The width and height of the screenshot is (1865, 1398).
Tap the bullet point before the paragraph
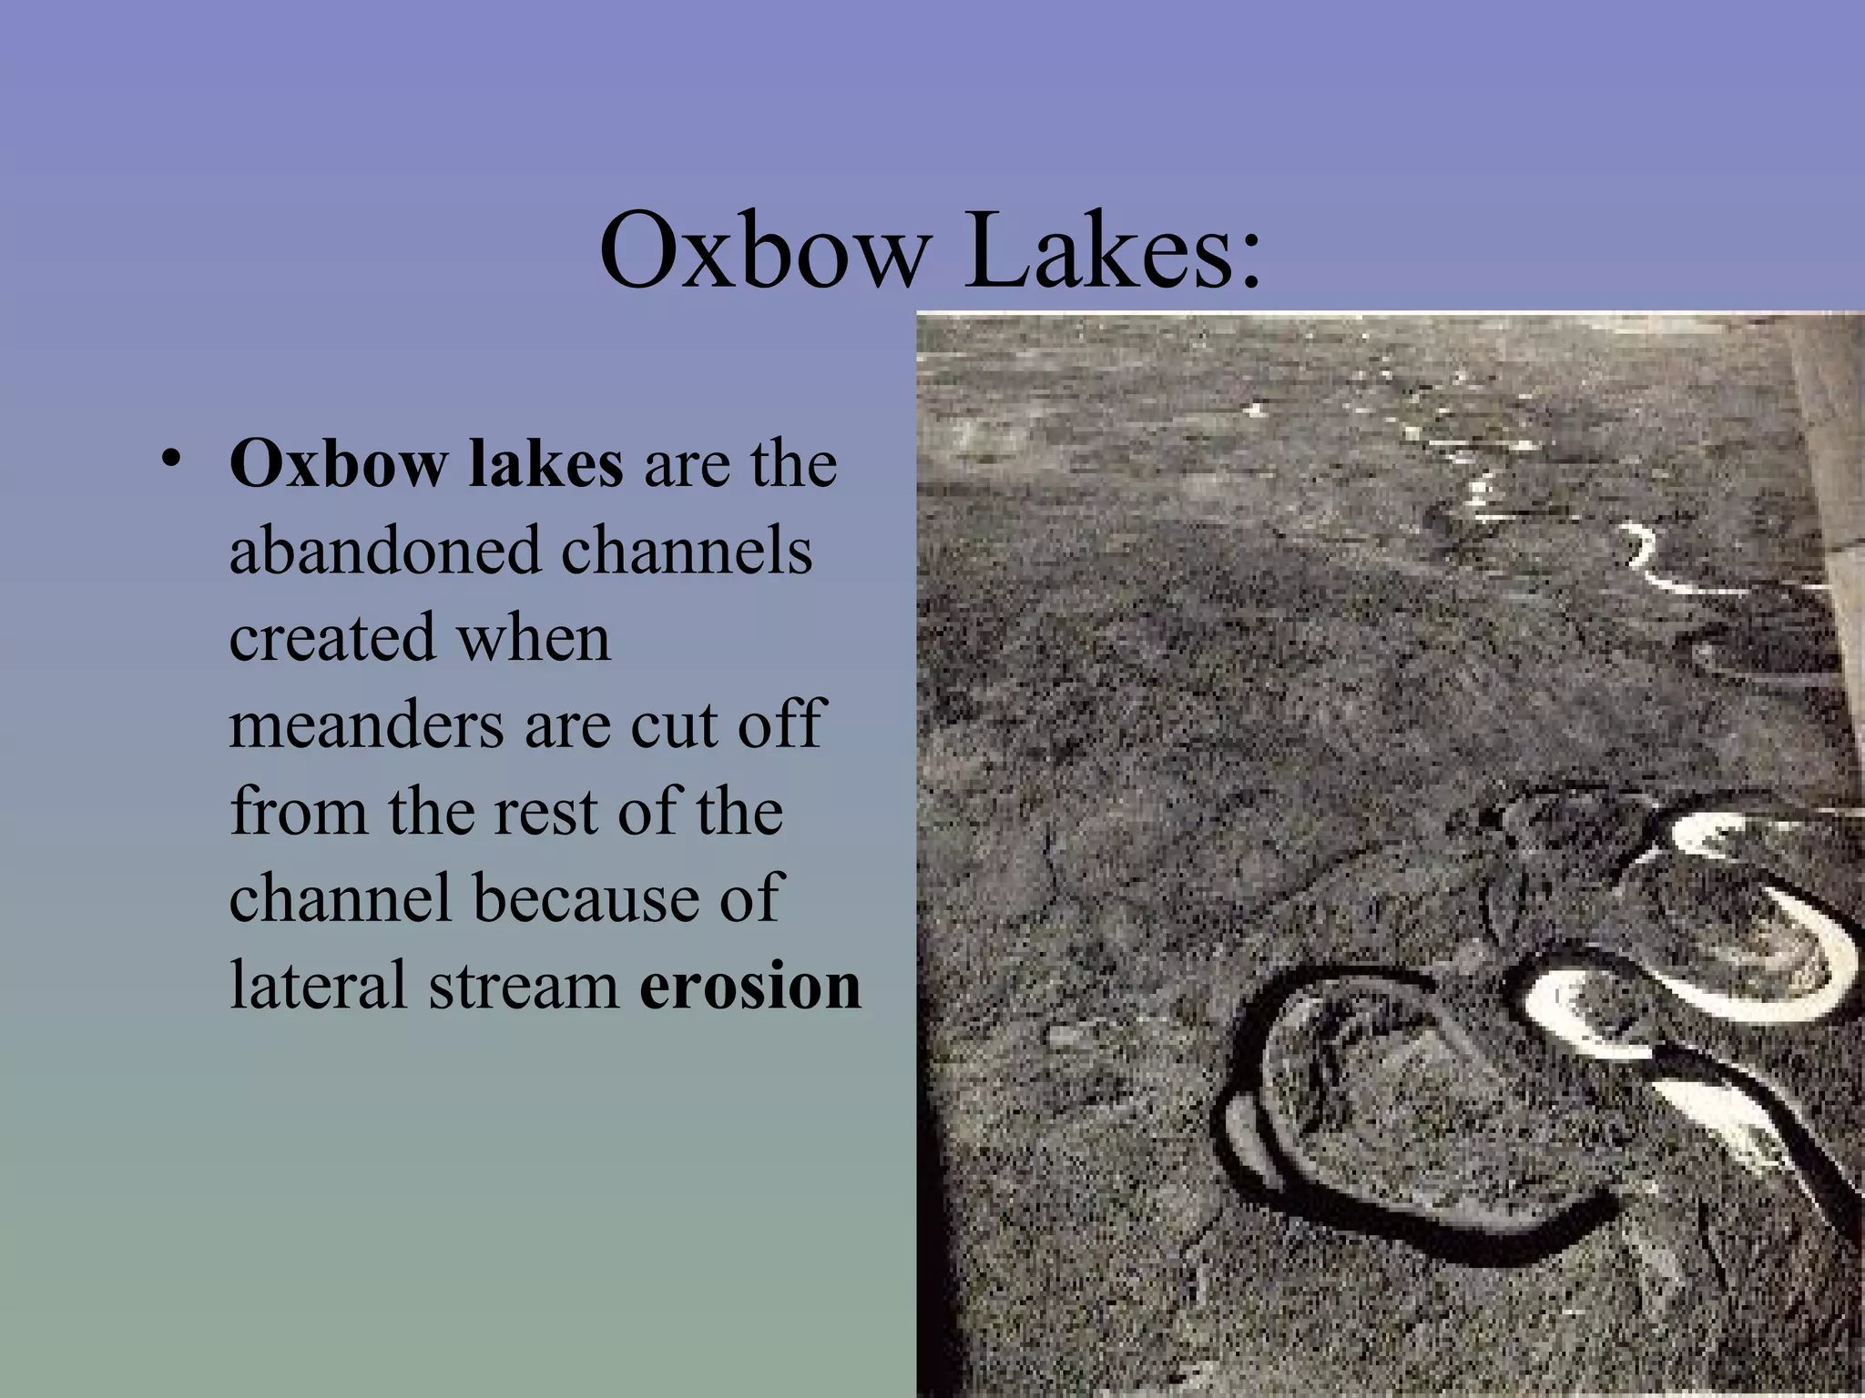pyautogui.click(x=171, y=461)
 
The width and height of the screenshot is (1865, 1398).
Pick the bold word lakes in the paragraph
pyautogui.click(x=545, y=464)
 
